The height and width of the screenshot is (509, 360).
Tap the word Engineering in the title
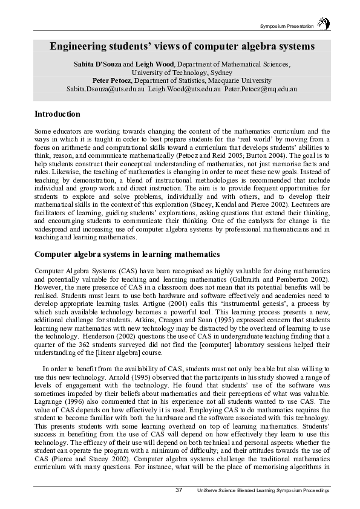(82, 46)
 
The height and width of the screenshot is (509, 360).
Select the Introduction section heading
(57, 114)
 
